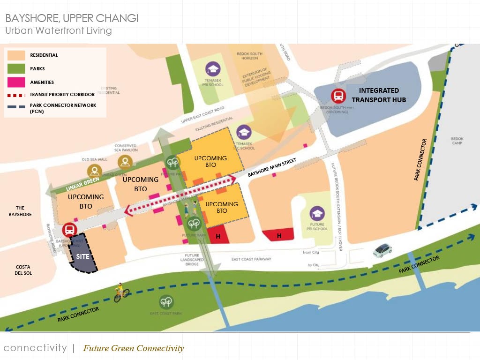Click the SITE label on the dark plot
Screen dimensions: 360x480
[x=82, y=257]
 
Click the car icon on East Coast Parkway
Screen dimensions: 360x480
[x=382, y=250]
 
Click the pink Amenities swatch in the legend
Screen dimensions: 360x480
[x=16, y=82]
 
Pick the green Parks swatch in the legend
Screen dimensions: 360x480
[x=16, y=68]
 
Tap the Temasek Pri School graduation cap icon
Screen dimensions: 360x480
[x=213, y=69]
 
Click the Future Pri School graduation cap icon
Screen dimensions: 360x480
[x=317, y=214]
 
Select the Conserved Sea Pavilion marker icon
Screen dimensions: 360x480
[x=125, y=162]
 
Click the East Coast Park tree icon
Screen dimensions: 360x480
[x=166, y=301]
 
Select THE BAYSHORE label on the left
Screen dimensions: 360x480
[x=20, y=211]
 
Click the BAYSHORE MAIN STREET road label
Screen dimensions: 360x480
[x=272, y=167]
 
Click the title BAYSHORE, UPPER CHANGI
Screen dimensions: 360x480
[x=72, y=19]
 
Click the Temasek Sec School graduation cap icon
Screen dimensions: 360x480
[x=244, y=133]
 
